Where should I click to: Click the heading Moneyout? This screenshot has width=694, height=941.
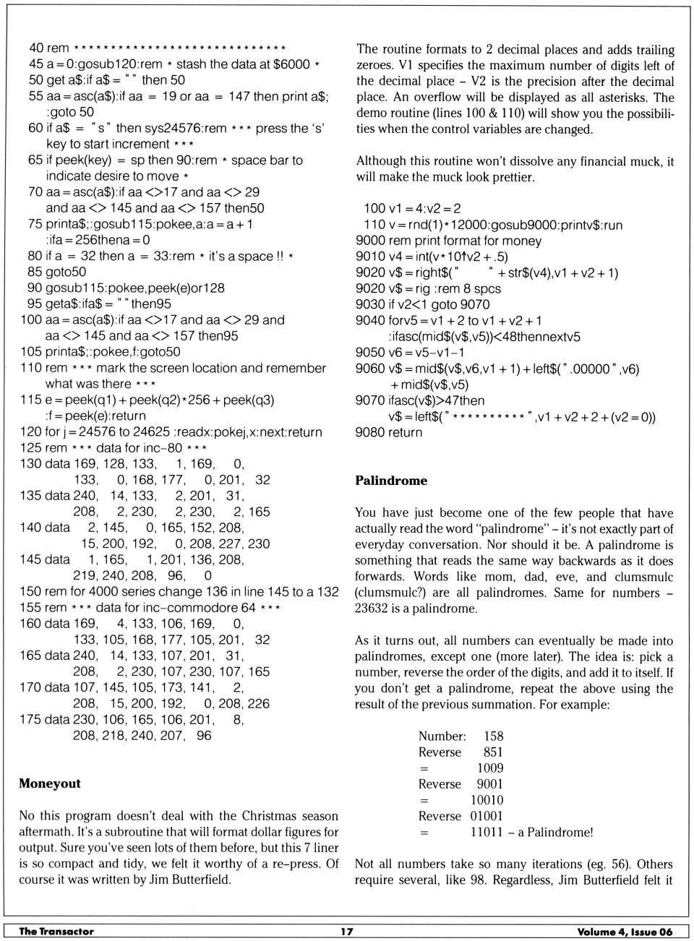tap(50, 783)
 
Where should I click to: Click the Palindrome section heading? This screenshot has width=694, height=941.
tap(391, 481)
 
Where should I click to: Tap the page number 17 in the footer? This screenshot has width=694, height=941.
tap(347, 932)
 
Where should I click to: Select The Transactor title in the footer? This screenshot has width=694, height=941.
tap(56, 932)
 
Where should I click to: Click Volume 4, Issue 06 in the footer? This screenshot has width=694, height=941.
tap(625, 932)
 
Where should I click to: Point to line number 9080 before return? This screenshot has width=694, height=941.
tap(371, 432)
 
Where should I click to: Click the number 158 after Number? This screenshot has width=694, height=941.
tap(494, 736)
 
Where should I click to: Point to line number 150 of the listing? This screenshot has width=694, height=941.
tap(31, 591)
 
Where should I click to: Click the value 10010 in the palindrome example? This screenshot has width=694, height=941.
tap(487, 800)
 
